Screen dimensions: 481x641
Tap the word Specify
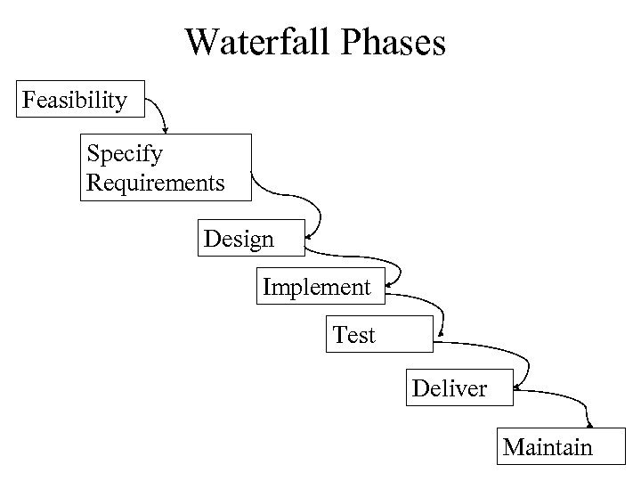[125, 153]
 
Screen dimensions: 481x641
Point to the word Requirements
[156, 183]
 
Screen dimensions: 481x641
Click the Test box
[378, 335]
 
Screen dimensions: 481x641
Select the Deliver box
[459, 388]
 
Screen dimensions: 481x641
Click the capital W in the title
[202, 43]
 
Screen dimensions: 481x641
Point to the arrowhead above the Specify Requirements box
[165, 130]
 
